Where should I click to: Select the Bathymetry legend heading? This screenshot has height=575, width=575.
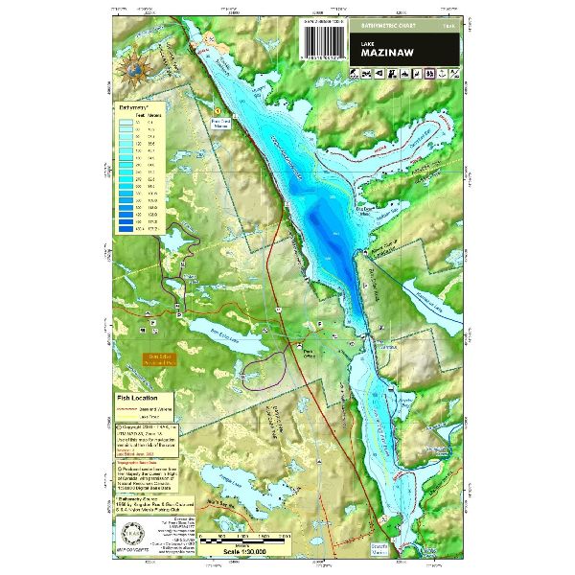(x=138, y=110)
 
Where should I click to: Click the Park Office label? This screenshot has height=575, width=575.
(x=309, y=352)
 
